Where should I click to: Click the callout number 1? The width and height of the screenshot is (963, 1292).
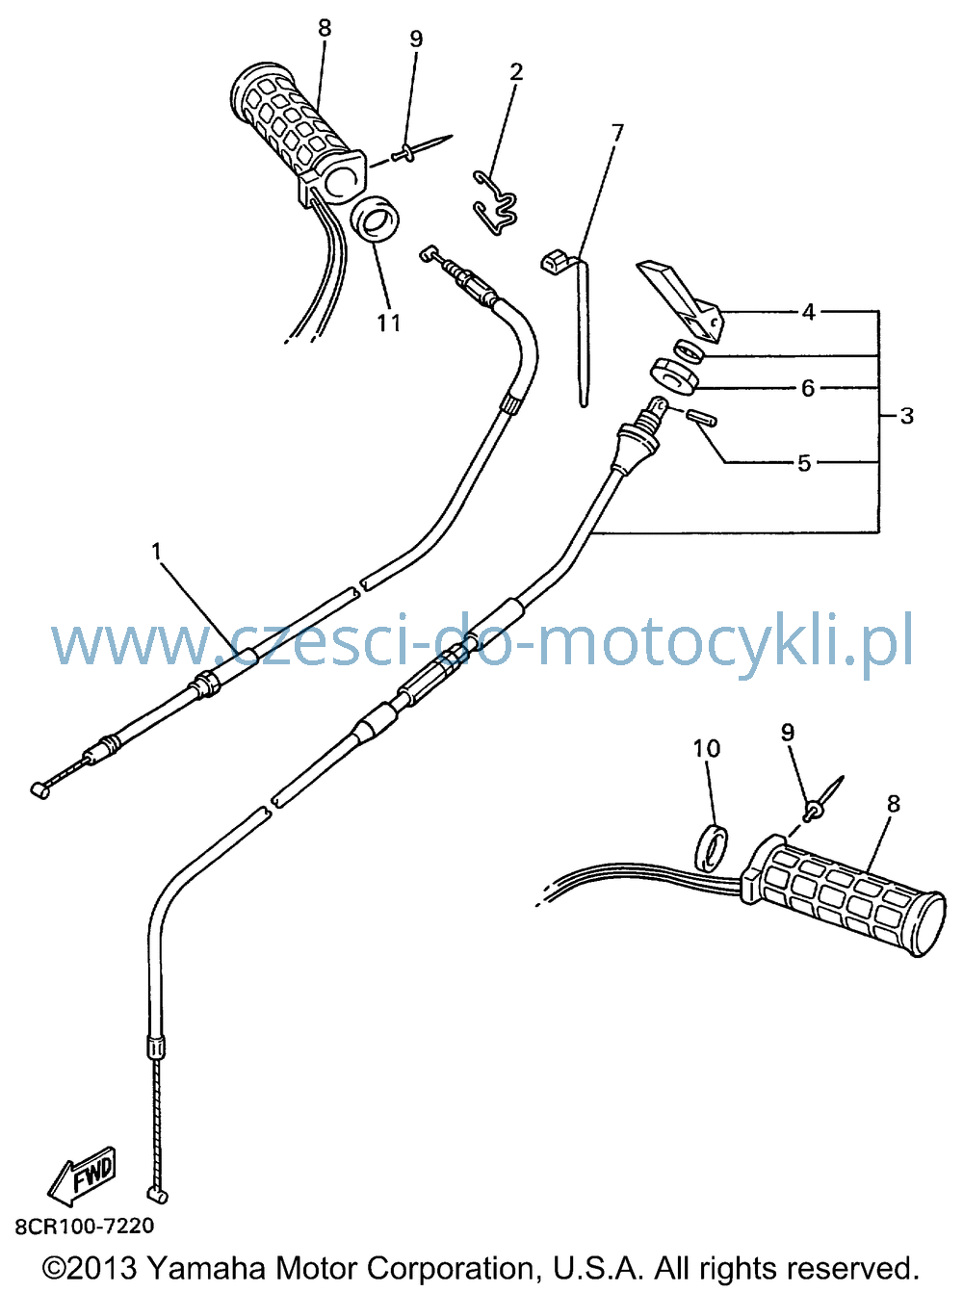tap(156, 550)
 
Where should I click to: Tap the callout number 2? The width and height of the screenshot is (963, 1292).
tap(516, 72)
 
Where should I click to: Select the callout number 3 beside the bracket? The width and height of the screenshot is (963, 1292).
tap(906, 416)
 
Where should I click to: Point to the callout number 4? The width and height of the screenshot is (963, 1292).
tap(808, 312)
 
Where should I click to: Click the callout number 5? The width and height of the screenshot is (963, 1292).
tap(804, 463)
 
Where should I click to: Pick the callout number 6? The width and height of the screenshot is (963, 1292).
tap(807, 388)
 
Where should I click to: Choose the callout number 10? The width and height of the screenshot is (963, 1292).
tap(707, 748)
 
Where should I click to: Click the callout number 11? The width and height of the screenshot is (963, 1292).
tap(389, 323)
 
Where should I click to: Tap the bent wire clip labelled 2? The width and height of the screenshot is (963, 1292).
tap(495, 203)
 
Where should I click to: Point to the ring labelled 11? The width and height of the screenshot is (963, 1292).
tap(375, 220)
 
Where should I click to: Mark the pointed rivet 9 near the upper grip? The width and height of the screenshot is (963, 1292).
tap(421, 148)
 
